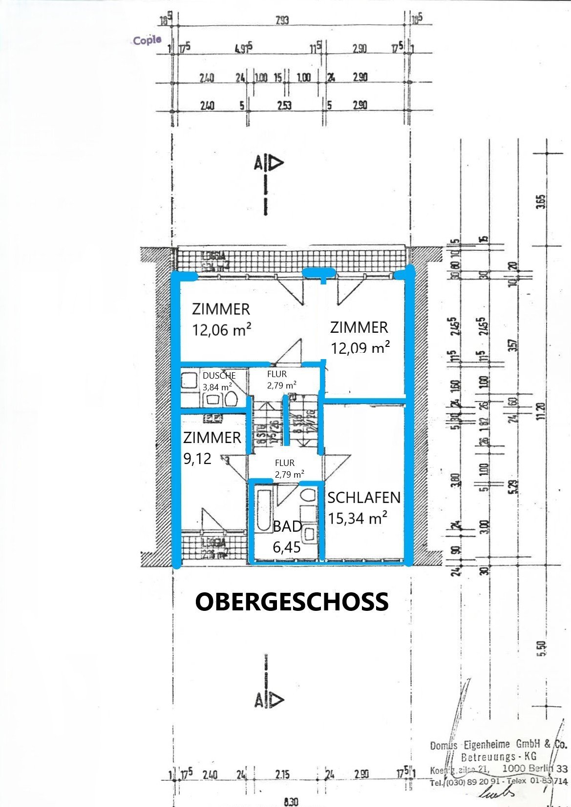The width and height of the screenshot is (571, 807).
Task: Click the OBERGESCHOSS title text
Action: point(292,602)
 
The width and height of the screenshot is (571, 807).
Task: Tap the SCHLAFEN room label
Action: point(364,498)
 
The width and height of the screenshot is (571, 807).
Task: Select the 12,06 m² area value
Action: point(222,330)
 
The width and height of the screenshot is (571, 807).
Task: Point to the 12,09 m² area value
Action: point(360,348)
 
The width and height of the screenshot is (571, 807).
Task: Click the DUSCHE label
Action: point(219,376)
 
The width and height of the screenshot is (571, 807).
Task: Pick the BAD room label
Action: point(287,526)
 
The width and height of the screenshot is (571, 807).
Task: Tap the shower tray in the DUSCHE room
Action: point(188,380)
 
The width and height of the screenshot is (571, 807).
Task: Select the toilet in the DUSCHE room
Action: point(231,400)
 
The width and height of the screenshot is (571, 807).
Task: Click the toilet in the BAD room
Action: point(308,496)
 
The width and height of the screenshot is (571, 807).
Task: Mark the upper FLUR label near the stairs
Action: point(277,374)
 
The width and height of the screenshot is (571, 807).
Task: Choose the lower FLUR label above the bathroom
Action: point(285,463)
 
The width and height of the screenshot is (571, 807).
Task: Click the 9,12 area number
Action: point(198,458)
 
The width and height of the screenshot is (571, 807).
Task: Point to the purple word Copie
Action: point(147,40)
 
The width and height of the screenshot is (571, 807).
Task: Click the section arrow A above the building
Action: point(268,163)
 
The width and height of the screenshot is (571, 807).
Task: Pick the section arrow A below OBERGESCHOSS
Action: point(268,700)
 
